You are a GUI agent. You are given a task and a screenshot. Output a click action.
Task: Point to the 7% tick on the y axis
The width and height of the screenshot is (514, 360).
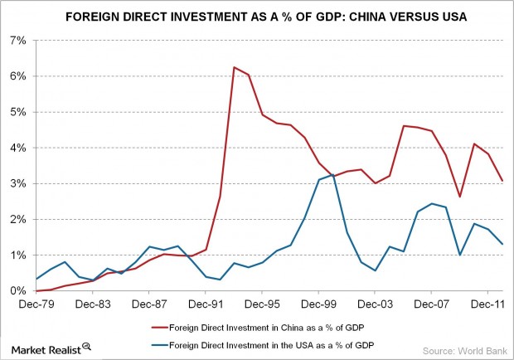point(17,40)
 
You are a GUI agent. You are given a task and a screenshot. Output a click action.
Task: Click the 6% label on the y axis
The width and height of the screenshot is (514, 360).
point(17,75)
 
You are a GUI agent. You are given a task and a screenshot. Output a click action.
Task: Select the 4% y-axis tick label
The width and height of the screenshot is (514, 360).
point(17,148)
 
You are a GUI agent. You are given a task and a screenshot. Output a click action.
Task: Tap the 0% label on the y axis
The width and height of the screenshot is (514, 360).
point(17,291)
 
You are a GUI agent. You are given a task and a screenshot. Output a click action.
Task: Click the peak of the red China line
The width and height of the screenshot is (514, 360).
point(235,67)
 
